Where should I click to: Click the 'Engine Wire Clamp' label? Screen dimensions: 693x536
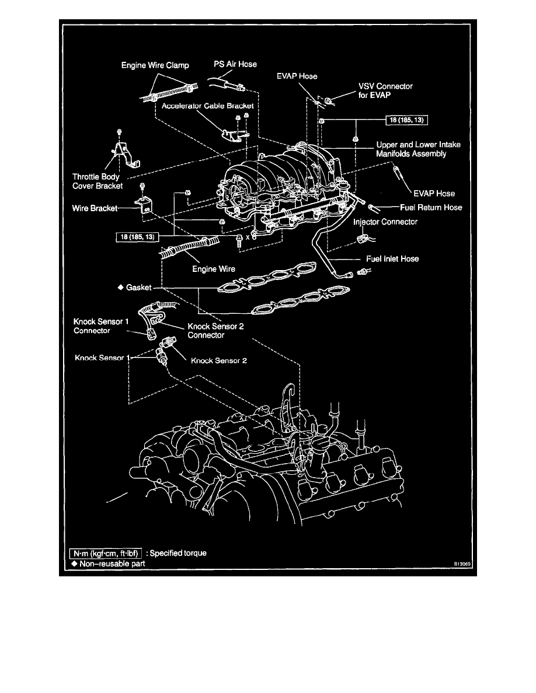[154, 65]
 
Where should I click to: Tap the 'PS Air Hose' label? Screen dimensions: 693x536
[235, 64]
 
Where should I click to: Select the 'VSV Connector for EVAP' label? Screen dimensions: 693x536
[385, 90]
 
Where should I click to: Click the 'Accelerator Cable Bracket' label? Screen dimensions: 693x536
[204, 106]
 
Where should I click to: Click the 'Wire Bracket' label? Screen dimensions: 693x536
[96, 207]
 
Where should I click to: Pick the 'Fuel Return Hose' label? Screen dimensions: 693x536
[431, 207]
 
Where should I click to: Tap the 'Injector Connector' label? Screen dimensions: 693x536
[385, 222]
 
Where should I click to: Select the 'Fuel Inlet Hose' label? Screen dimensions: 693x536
[392, 258]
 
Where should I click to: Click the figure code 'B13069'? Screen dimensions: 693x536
[460, 565]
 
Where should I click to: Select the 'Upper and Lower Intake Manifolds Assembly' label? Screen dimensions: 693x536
[419, 150]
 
